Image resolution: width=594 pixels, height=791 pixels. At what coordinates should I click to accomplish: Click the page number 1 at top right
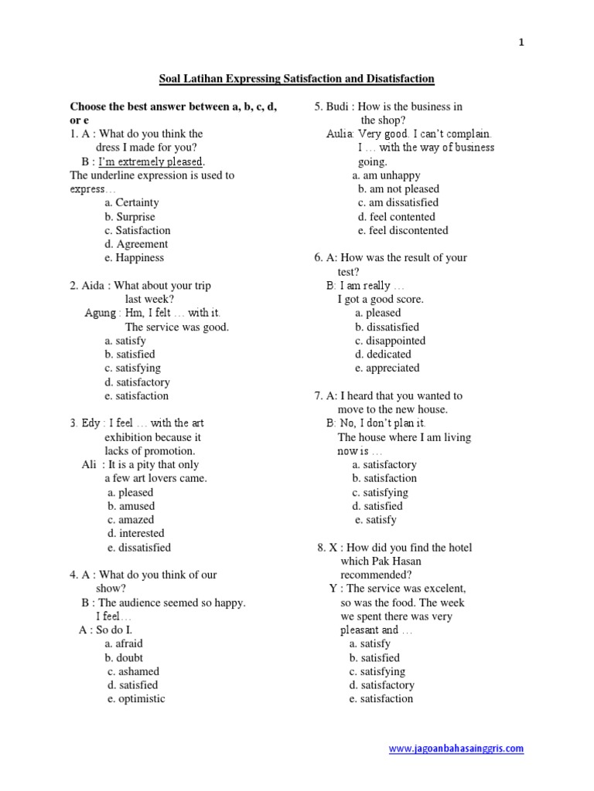[x=521, y=43]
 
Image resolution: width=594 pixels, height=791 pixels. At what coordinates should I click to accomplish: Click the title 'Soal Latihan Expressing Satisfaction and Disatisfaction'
[x=296, y=79]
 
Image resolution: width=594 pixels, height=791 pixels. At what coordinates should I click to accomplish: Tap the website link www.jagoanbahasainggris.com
[x=456, y=749]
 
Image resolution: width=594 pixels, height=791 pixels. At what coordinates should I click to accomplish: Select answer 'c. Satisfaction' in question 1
[x=138, y=230]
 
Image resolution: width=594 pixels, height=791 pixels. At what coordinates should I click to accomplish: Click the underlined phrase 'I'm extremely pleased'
[x=151, y=161]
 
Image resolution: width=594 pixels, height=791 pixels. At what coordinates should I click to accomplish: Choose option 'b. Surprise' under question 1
[x=130, y=217]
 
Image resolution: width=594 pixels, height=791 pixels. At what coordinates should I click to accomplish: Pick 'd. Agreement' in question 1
[x=136, y=244]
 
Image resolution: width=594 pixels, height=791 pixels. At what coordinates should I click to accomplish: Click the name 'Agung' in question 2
[x=101, y=313]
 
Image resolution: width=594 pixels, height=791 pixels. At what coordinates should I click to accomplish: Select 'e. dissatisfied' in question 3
[x=139, y=547]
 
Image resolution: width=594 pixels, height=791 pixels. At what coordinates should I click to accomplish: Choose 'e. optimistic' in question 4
[x=136, y=698]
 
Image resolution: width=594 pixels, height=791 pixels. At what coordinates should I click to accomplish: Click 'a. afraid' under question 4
[x=124, y=643]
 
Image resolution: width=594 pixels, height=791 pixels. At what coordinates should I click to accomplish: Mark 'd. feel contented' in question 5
[x=396, y=217]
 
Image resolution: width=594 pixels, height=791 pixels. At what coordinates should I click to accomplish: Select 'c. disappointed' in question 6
[x=390, y=341]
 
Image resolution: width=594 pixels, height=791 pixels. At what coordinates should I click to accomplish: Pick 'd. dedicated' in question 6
[x=383, y=355]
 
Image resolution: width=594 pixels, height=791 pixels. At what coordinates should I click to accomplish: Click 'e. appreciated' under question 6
[x=387, y=368]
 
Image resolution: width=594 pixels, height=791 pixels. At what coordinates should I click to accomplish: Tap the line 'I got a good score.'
[x=381, y=299]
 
